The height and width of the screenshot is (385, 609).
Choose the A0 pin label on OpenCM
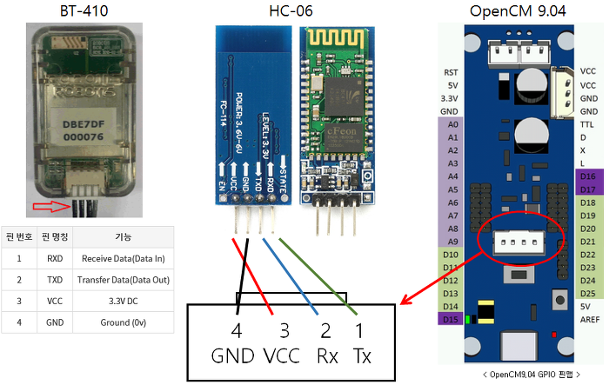click(452, 125)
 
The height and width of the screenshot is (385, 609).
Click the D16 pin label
click(588, 176)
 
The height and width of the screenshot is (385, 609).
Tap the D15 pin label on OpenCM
click(450, 320)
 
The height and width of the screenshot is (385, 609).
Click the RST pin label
click(451, 73)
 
